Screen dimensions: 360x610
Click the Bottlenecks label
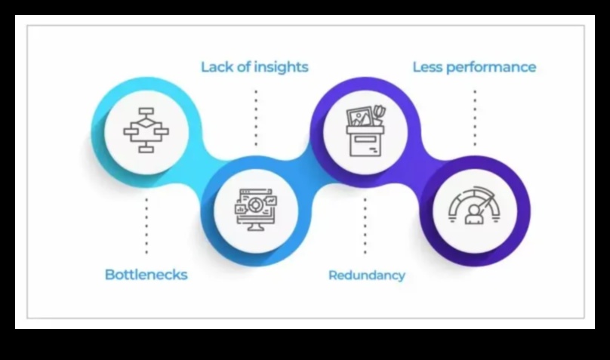click(x=146, y=274)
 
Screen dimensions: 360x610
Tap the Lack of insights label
click(x=254, y=66)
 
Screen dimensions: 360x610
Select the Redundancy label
click(x=366, y=275)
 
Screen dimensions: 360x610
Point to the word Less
click(x=427, y=67)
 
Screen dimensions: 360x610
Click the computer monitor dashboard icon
click(x=255, y=209)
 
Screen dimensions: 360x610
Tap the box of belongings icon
click(x=366, y=131)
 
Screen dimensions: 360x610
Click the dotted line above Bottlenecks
click(x=146, y=224)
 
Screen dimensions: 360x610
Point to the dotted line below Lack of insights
click(x=255, y=117)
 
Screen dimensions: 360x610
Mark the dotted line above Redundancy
click(x=365, y=225)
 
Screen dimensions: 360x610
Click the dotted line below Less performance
click(x=475, y=117)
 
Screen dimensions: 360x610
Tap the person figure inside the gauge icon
click(x=475, y=215)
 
